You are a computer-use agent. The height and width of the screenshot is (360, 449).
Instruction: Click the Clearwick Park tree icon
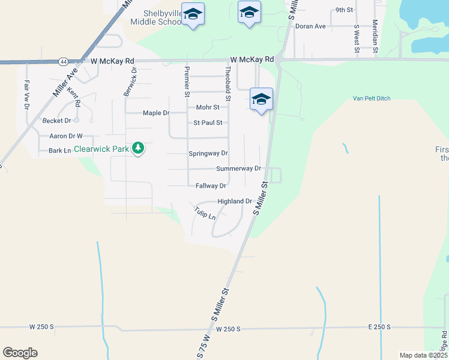click(x=138, y=148)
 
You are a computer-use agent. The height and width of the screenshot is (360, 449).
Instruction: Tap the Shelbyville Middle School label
click(x=155, y=17)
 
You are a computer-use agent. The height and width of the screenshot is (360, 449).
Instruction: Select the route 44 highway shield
click(x=63, y=61)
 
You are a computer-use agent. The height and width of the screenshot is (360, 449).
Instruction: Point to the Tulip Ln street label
click(x=205, y=213)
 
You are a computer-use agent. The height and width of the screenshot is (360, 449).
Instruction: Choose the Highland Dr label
click(x=235, y=202)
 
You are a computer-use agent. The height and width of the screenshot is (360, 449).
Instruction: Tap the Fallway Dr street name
click(x=211, y=186)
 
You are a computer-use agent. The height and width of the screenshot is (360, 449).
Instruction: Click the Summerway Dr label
click(x=239, y=169)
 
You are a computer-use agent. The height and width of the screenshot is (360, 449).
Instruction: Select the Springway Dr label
click(x=208, y=154)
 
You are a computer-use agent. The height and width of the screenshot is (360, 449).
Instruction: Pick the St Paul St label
click(x=208, y=123)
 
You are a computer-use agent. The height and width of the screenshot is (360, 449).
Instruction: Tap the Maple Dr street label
click(x=157, y=113)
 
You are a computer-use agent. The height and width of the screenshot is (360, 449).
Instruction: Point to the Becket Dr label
click(x=57, y=121)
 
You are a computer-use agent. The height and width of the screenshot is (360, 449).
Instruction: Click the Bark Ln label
click(x=59, y=150)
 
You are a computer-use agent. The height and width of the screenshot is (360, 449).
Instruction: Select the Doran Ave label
click(x=310, y=26)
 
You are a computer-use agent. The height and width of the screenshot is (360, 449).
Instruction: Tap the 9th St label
click(x=344, y=10)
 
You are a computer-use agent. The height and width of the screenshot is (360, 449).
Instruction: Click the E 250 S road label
click(x=379, y=327)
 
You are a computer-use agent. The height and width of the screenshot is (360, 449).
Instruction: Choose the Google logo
click(x=20, y=353)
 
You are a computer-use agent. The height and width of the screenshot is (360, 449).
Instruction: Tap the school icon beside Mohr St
click(x=261, y=100)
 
